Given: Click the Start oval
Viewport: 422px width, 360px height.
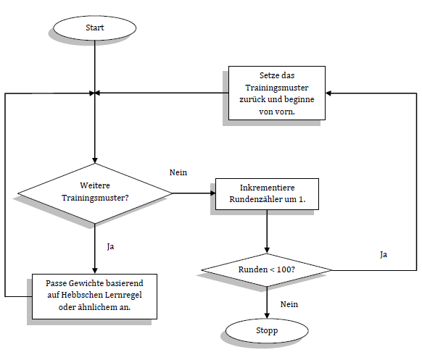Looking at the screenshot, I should tap(95, 28).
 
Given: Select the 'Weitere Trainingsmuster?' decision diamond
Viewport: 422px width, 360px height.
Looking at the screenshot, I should tap(95, 193).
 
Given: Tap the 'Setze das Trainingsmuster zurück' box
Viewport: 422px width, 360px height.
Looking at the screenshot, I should tap(276, 93).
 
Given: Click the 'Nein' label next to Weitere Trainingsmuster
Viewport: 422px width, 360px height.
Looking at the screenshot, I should tap(178, 172).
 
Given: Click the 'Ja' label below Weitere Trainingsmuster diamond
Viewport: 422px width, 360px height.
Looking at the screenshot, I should tap(110, 246).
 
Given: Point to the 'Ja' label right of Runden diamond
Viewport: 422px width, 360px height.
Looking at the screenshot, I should tap(384, 254).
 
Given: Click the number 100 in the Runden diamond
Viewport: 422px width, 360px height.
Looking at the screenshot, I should tap(285, 269).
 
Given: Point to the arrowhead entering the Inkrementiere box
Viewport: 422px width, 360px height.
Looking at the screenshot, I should tap(212, 193).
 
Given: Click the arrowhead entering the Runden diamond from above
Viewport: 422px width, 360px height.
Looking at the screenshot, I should tap(268, 251).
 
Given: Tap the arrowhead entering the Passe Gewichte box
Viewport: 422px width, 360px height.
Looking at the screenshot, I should tap(95, 270).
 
